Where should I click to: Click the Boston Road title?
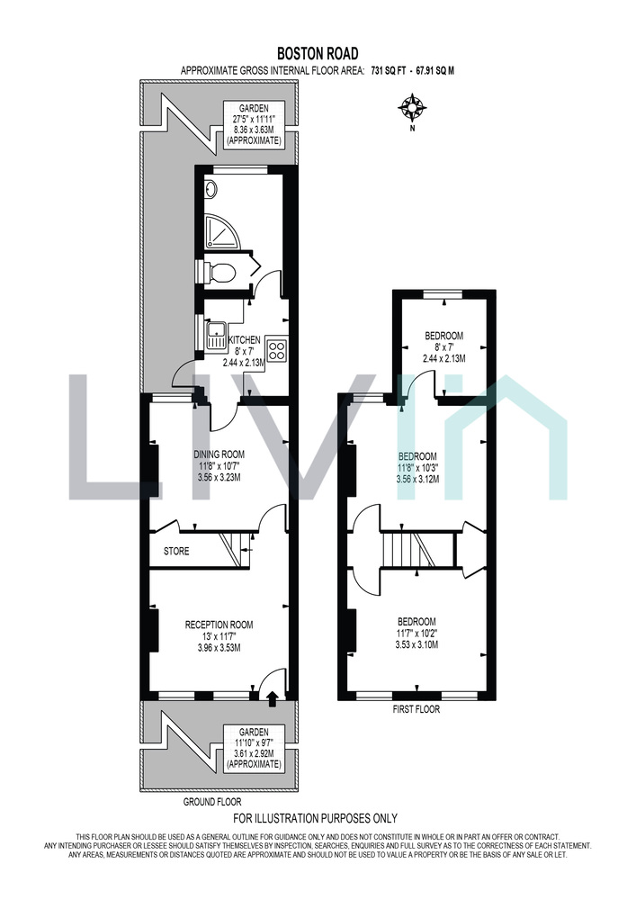(x=318, y=53)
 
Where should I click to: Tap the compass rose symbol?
(x=412, y=107)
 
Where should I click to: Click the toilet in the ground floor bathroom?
(x=219, y=273)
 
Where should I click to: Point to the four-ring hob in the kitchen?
(x=277, y=350)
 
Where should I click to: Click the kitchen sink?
(x=216, y=335)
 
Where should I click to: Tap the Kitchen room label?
(x=245, y=340)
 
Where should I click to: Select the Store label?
(x=176, y=551)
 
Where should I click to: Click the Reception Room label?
(x=219, y=625)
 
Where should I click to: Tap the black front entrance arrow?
(x=273, y=697)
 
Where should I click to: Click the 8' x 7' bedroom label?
(x=443, y=346)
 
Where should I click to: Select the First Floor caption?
(x=416, y=709)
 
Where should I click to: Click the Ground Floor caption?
(x=212, y=801)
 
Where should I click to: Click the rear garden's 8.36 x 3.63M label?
(x=254, y=130)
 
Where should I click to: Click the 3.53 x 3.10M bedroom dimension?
(x=417, y=644)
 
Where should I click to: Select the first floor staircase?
(x=418, y=550)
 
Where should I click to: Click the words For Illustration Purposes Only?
(x=316, y=818)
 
